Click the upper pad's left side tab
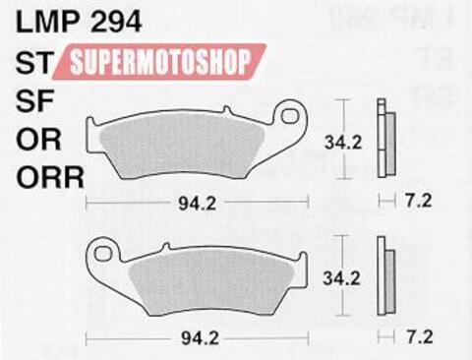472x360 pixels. coord(92,128)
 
